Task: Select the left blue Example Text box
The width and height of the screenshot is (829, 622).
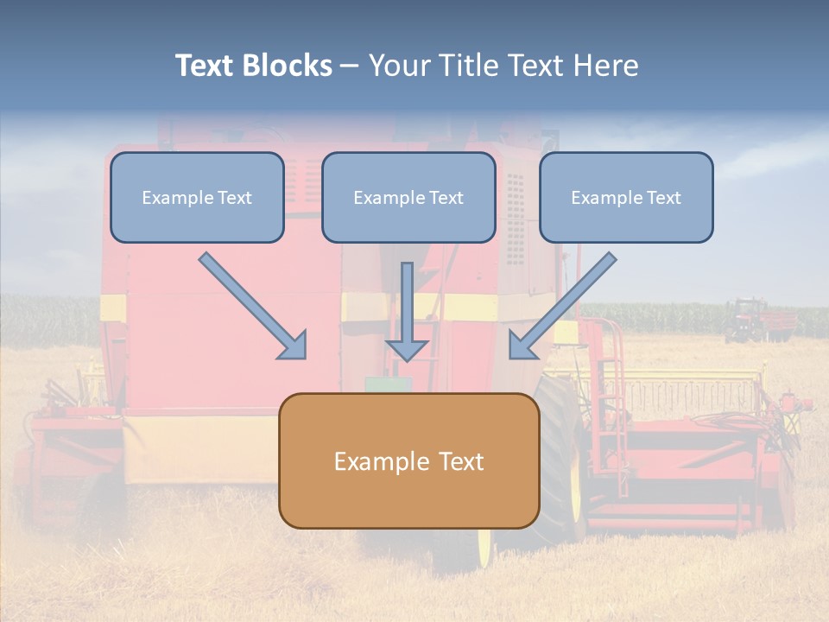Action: pos(197,198)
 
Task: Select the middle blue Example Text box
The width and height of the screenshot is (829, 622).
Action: pos(408,198)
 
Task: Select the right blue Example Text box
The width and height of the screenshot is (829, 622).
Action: pos(626,198)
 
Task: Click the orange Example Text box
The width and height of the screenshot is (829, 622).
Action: pos(408,460)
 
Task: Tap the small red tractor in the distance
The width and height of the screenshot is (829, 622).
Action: pos(746,320)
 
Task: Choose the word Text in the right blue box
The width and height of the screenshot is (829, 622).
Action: pos(664,198)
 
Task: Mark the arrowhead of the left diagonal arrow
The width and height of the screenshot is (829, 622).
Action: pos(294,346)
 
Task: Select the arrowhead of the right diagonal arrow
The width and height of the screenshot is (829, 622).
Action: pos(522,346)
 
